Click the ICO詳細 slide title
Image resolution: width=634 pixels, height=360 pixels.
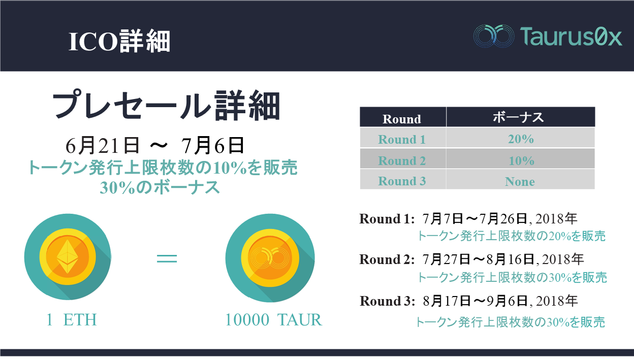click(x=119, y=42)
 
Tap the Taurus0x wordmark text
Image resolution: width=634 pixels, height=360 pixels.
click(x=571, y=37)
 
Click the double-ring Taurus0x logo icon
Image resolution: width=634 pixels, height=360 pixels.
click(x=494, y=36)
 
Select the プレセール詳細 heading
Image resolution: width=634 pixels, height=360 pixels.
click(x=167, y=105)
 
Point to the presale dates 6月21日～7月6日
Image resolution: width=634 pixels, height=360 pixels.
click(x=155, y=146)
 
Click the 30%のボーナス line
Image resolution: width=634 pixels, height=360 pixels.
click(x=160, y=187)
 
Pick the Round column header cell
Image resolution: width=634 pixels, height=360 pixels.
click(x=403, y=117)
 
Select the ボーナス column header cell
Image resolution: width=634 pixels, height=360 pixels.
click(x=521, y=117)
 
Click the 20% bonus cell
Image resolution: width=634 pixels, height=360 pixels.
click(x=521, y=138)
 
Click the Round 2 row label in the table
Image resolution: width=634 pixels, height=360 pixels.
click(x=402, y=160)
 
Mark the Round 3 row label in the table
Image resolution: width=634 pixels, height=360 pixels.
click(x=402, y=181)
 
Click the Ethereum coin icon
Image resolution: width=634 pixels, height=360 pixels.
click(x=68, y=256)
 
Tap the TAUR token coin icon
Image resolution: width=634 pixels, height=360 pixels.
click(x=270, y=257)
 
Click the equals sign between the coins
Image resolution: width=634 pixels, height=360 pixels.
click(x=167, y=258)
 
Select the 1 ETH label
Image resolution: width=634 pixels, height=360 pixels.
click(x=72, y=320)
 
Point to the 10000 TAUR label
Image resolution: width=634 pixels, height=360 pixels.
click(x=274, y=320)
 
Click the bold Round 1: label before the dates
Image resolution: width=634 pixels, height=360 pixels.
click(x=387, y=219)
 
